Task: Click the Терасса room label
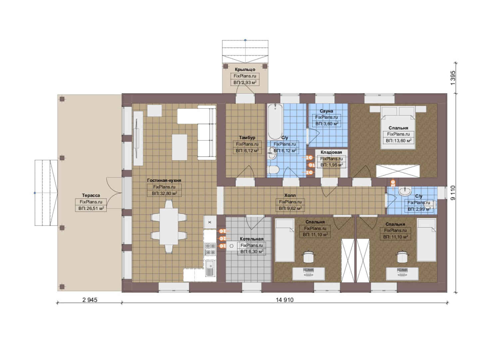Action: (91, 195)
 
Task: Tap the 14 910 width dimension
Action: (284, 300)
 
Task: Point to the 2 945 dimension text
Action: (90, 300)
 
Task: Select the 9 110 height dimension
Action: (453, 193)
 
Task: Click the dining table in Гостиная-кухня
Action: (169, 226)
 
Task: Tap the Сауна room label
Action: (326, 111)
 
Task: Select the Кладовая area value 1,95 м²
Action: (331, 165)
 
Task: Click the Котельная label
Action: (251, 239)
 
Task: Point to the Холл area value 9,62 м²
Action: (290, 208)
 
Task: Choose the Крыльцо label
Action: (245, 69)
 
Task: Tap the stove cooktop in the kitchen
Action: (210, 249)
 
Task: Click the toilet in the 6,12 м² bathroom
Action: (273, 170)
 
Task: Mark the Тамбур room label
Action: (247, 138)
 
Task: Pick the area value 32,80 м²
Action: (165, 193)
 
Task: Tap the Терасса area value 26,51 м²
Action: (91, 208)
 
